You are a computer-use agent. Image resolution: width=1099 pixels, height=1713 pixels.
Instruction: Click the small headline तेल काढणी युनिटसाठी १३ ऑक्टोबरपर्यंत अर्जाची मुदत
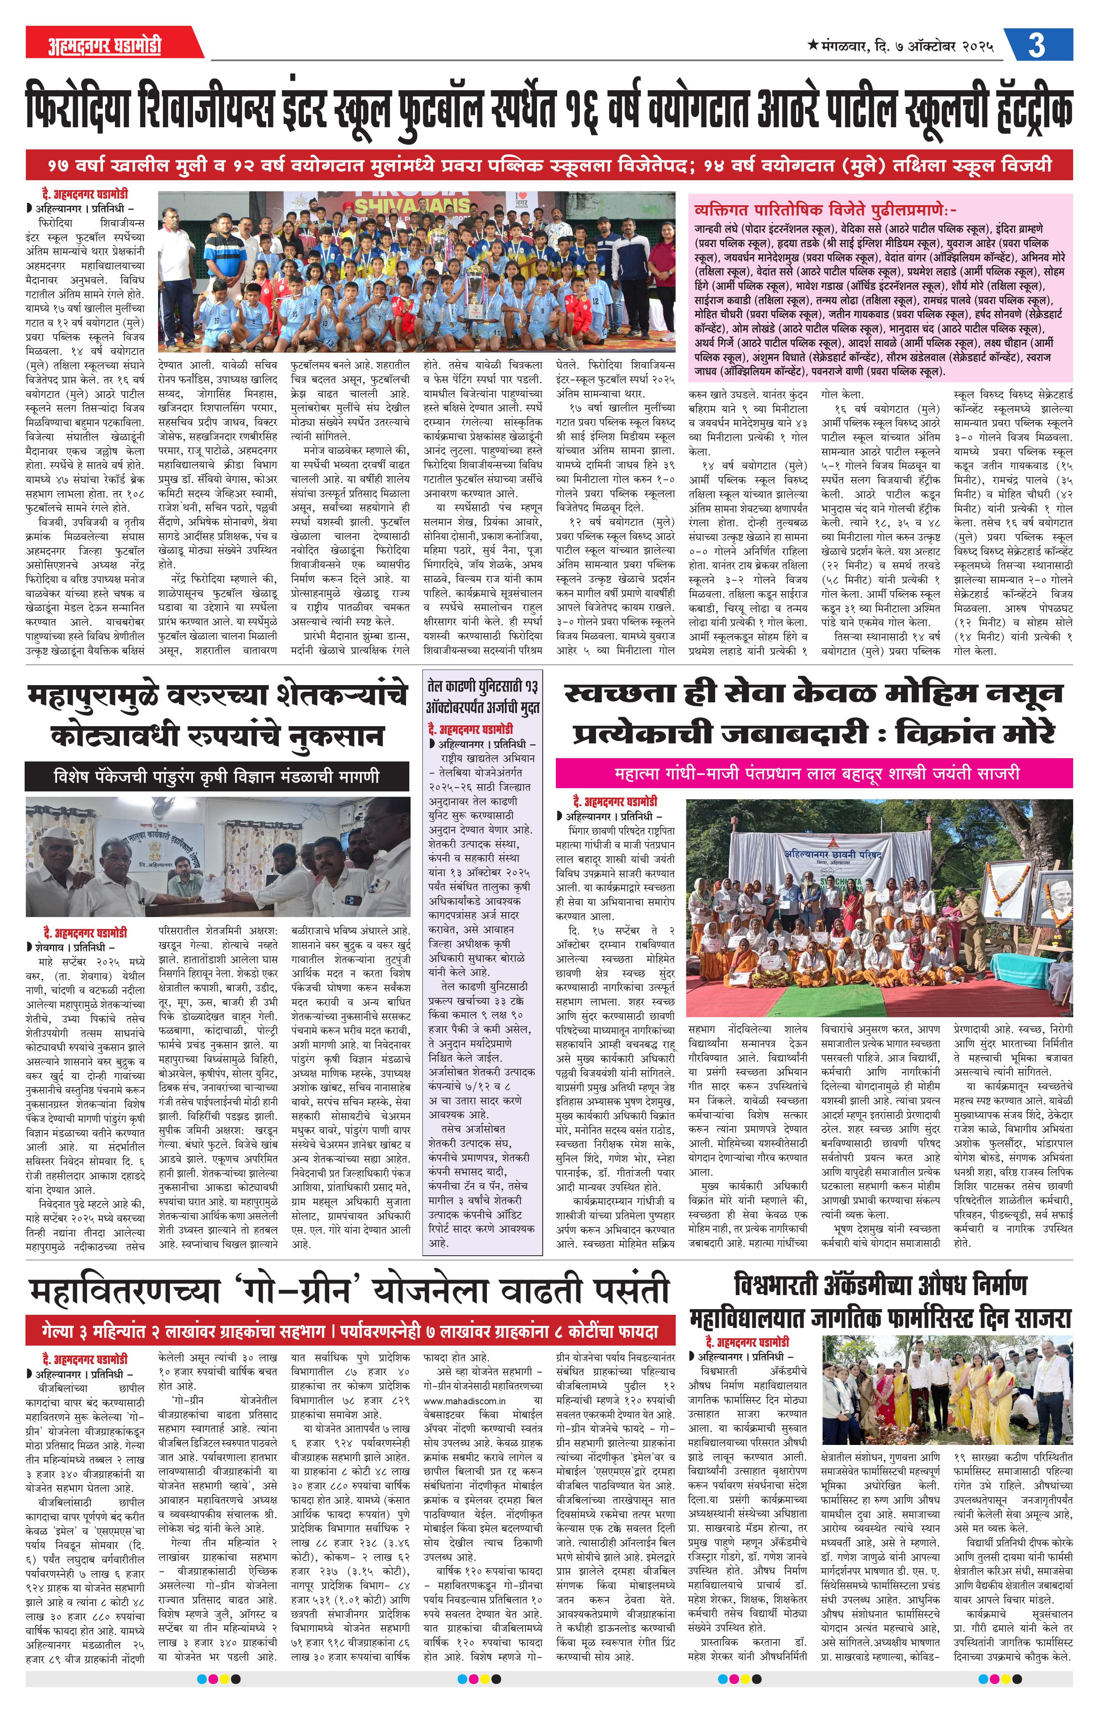click(x=483, y=696)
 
